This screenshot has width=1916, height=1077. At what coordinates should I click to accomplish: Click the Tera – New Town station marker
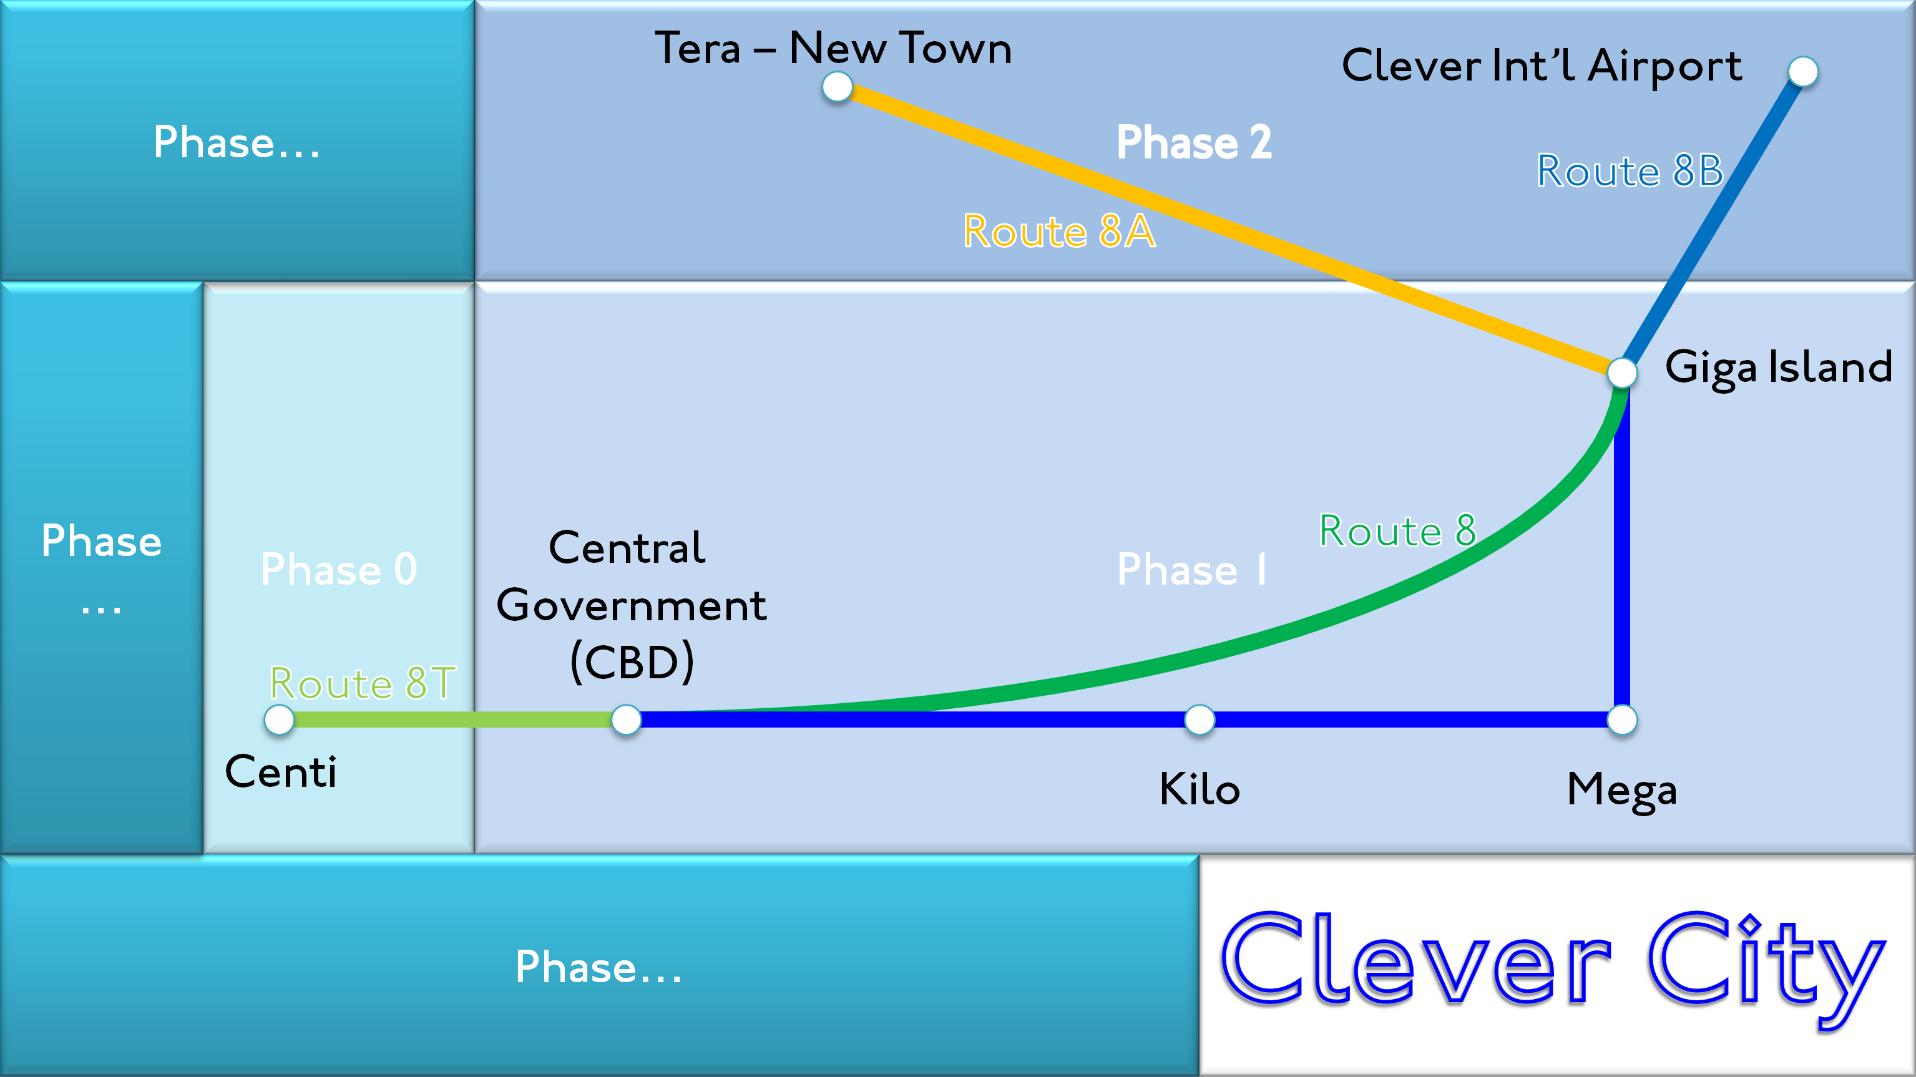838,87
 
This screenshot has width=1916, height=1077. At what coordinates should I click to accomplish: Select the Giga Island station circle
1622,372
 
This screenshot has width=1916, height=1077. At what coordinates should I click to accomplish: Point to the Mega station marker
1622,720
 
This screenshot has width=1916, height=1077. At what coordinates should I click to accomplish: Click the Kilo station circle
1200,720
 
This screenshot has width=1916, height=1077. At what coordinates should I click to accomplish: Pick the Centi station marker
280,720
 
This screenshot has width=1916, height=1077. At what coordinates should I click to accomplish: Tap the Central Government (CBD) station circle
626,720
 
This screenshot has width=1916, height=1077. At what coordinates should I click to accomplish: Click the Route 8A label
1059,231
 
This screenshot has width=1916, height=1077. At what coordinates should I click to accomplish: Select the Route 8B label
1630,171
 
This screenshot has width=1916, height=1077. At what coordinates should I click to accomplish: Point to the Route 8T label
362,683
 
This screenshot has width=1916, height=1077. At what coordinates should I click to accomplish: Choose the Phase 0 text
338,570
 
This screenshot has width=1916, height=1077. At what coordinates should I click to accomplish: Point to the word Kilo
1200,789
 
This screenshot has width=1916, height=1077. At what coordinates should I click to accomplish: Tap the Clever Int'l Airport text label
1541,66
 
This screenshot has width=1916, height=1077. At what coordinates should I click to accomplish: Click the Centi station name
280,772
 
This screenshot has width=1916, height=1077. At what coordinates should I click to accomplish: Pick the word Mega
1621,790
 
